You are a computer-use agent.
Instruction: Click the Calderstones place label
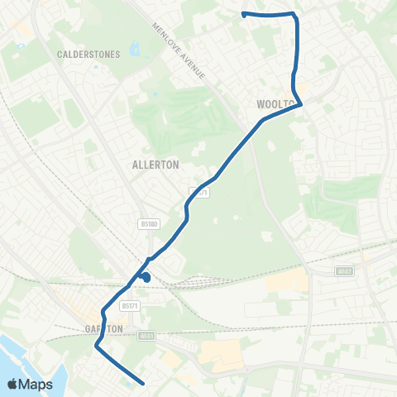(88, 55)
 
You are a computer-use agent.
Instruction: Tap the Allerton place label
(155, 165)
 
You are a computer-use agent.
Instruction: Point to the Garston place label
(104, 328)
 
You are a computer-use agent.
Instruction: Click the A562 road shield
(344, 270)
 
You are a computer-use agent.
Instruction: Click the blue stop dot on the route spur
(146, 278)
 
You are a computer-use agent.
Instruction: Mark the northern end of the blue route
(243, 14)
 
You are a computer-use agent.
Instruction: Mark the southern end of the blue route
(145, 383)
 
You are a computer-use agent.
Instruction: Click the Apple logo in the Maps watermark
(12, 385)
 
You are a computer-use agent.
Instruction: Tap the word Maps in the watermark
(36, 385)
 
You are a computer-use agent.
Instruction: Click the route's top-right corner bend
(294, 15)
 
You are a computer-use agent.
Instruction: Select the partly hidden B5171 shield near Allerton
(198, 192)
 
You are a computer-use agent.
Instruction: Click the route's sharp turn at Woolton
(300, 103)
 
